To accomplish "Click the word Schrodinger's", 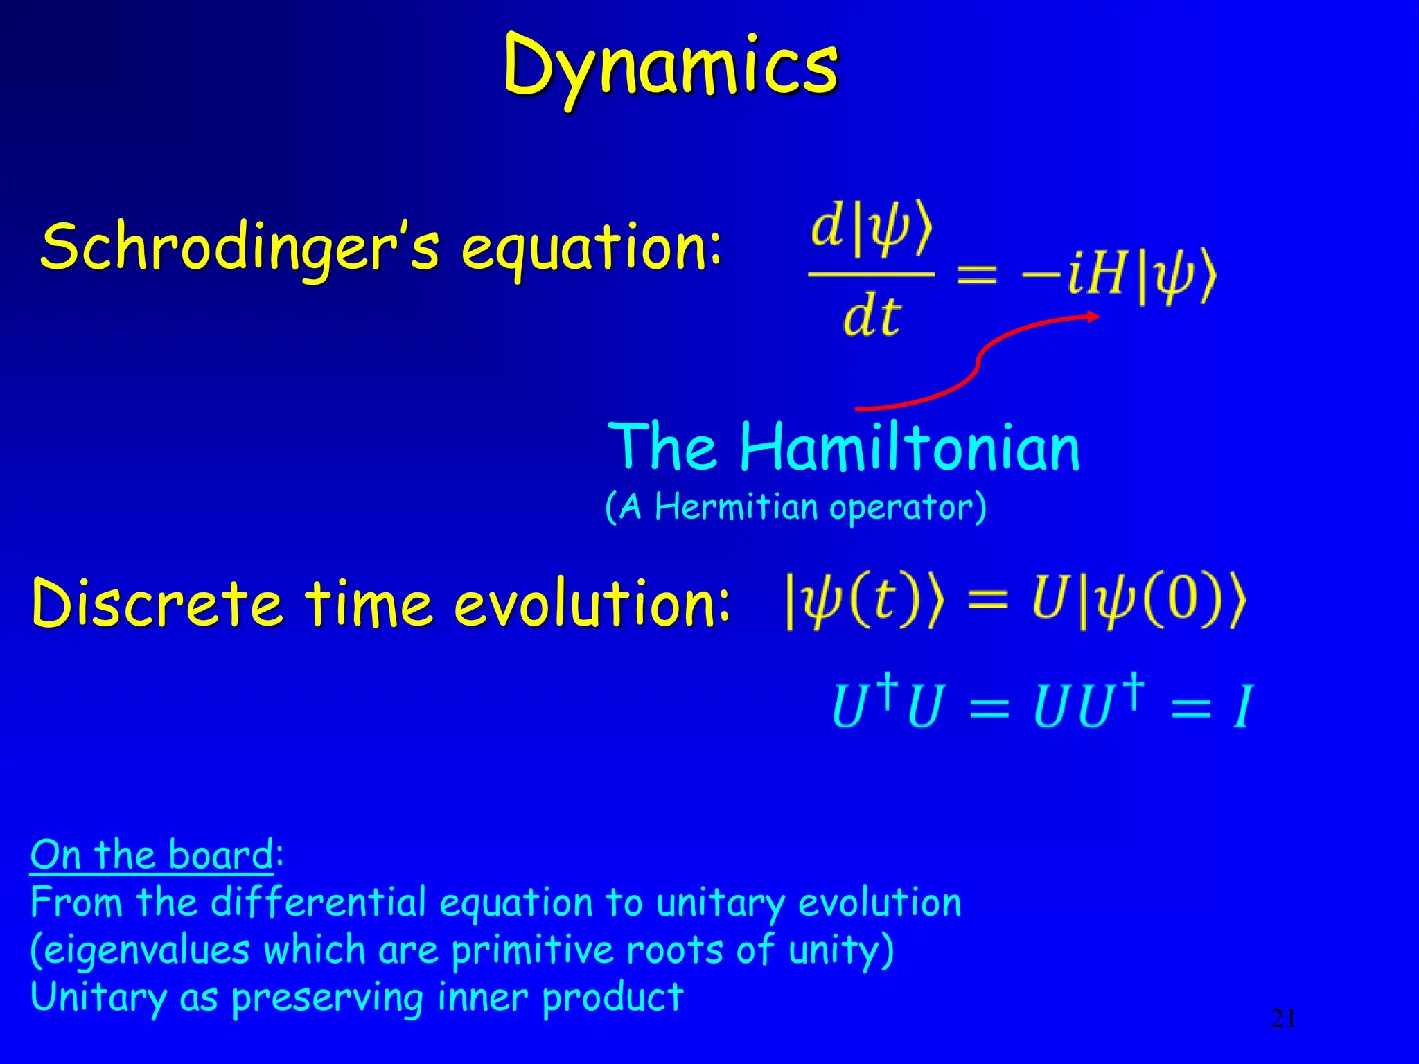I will point(239,248).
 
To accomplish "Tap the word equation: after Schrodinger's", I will point(591,249).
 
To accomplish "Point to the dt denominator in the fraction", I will point(872,317).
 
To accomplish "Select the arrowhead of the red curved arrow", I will point(1093,317).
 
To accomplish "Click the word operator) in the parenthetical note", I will point(908,508).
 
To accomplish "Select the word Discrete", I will point(157,603).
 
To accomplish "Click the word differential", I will point(319,903).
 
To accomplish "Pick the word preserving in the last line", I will point(326,997).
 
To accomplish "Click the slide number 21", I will point(1283,1018).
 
